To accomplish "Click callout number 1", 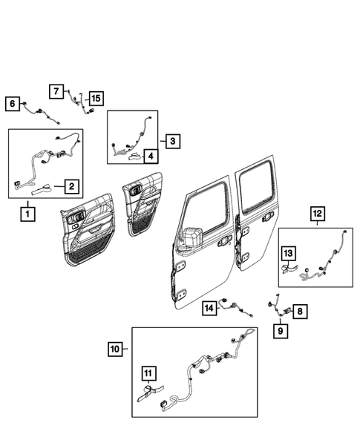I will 27,215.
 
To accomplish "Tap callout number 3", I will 171,140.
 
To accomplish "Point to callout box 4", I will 149,156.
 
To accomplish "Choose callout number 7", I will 57,91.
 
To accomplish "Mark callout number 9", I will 281,330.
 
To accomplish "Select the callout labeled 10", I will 114,348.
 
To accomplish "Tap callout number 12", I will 316,215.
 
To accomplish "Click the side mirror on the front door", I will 190,237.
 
